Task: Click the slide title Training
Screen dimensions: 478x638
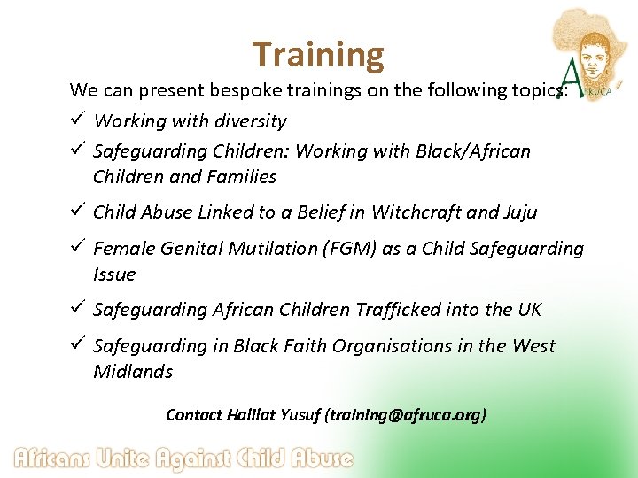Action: click(x=318, y=55)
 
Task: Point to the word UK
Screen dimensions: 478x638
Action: click(x=528, y=309)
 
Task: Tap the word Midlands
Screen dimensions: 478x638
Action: click(x=133, y=371)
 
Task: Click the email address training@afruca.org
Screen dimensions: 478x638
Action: click(x=406, y=414)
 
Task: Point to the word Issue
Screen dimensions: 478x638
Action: click(x=114, y=274)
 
